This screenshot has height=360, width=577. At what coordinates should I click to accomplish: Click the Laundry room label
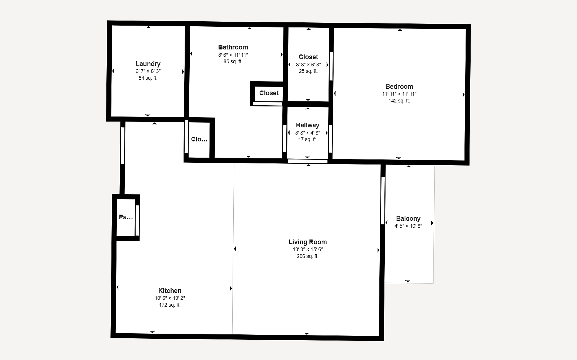tap(148, 63)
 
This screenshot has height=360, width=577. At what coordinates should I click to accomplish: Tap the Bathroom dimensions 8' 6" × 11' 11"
tap(233, 55)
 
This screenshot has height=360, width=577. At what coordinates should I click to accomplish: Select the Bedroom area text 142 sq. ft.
tap(399, 101)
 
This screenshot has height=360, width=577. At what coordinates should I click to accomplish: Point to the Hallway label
tap(308, 125)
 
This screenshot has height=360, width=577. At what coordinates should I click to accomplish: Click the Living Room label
tap(308, 242)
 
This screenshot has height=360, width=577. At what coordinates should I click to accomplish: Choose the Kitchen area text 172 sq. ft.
tap(170, 305)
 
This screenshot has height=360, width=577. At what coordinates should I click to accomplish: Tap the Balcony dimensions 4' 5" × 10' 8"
tap(408, 226)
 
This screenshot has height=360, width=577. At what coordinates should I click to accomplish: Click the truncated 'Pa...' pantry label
tap(126, 217)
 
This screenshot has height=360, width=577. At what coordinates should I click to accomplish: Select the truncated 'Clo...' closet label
tap(199, 139)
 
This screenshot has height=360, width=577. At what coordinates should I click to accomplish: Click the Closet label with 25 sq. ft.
tap(308, 57)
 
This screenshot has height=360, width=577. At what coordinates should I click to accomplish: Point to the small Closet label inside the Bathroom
tap(269, 93)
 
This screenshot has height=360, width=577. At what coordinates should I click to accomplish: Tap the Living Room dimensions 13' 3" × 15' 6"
tap(308, 250)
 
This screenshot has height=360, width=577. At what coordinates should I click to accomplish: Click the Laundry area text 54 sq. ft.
tap(148, 78)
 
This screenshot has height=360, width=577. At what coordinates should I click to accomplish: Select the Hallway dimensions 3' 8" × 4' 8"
tap(308, 133)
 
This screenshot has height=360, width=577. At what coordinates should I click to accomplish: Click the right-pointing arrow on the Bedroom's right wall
tap(464, 95)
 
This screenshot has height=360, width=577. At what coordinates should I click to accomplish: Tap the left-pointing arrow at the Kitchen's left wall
tap(118, 287)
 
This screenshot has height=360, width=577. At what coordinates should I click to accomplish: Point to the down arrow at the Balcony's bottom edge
tap(408, 281)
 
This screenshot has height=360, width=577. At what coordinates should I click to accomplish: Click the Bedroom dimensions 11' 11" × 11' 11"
tap(399, 94)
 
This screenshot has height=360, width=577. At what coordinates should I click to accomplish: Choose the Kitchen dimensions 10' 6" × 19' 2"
tap(170, 298)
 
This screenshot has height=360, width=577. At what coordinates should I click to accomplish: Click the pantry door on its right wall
tap(137, 220)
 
